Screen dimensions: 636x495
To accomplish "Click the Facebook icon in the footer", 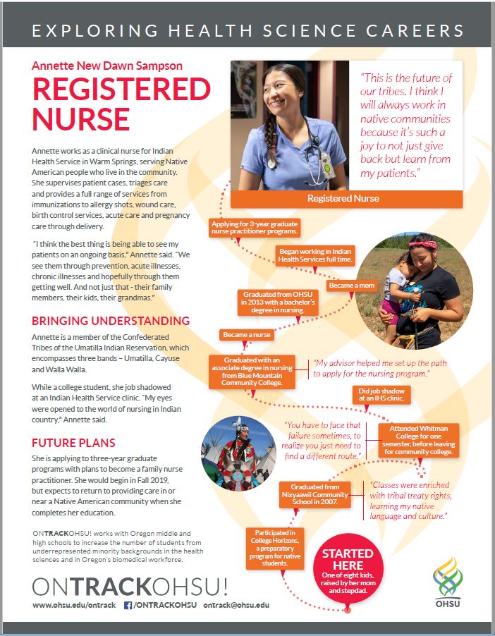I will click(x=128, y=605).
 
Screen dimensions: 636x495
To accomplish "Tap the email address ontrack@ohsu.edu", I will click(x=237, y=605).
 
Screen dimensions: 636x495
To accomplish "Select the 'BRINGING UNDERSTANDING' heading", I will click(x=111, y=321).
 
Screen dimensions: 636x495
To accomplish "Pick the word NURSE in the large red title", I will click(x=80, y=118).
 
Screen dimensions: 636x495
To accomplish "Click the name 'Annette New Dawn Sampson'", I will click(x=107, y=66).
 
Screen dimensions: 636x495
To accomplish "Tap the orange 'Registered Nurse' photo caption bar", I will click(x=343, y=198).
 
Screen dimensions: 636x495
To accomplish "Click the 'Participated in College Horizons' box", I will click(x=275, y=549).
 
